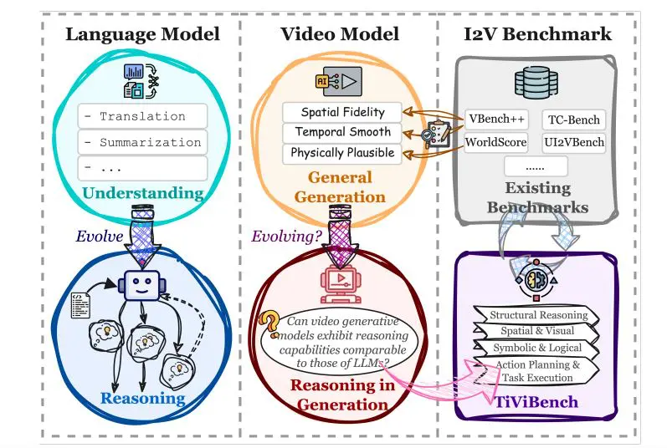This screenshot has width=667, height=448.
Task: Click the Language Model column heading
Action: [142, 34]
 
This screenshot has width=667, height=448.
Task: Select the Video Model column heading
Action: [339, 34]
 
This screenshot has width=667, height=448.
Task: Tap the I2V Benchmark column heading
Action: [537, 34]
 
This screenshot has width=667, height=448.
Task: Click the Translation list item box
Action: [141, 116]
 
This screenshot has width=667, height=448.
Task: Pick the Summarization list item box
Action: [141, 142]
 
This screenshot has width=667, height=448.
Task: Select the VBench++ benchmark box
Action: [496, 120]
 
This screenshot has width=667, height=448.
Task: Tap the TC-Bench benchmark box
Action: [572, 120]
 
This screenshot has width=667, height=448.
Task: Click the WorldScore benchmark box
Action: [496, 142]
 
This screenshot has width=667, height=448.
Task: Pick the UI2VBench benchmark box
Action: [573, 142]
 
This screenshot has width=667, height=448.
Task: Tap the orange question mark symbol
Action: [269, 320]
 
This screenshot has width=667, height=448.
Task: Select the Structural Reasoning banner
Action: [538, 315]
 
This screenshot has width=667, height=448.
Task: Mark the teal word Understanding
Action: [141, 194]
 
